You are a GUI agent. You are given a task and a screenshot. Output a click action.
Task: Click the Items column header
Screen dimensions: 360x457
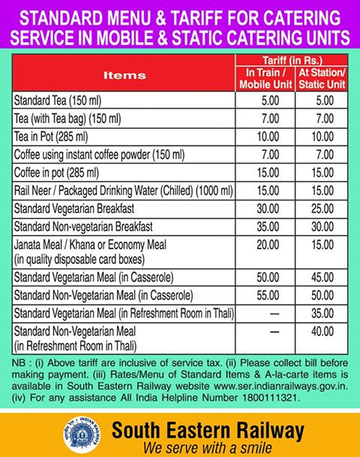[x=124, y=75]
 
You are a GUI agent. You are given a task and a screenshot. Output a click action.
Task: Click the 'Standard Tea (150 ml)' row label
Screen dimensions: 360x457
[x=59, y=100]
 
